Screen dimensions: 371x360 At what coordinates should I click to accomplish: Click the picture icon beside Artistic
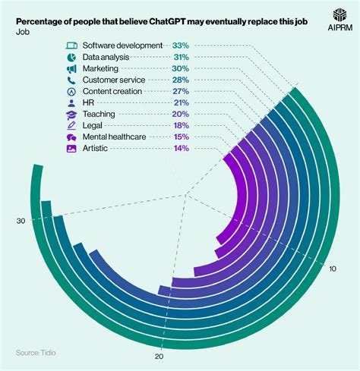click(71, 148)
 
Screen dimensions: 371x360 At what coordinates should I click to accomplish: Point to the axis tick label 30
click(21, 221)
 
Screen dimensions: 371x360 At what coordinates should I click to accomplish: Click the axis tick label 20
click(159, 357)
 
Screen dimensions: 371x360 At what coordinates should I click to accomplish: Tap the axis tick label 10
click(333, 269)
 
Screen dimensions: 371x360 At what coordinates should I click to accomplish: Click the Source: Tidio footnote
click(36, 353)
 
